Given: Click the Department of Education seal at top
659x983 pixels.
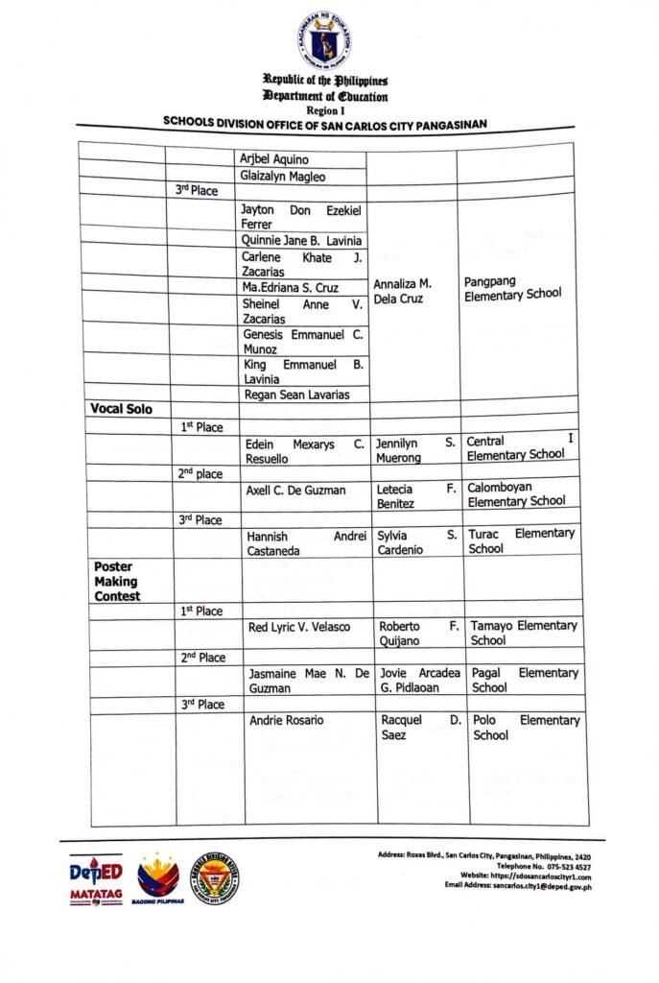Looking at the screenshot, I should coord(323,39).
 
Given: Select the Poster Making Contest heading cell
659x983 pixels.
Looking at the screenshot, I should coord(117,581).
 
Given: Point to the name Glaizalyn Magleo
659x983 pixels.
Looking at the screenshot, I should coord(284,177).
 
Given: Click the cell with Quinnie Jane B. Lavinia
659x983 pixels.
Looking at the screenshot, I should coord(302,241).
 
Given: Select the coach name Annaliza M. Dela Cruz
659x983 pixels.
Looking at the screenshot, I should coord(403,291).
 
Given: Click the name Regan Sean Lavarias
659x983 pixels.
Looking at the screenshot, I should coord(295,395).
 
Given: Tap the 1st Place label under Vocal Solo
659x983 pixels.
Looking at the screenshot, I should coord(201,426).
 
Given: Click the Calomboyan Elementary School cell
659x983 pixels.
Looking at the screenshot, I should coord(516,493).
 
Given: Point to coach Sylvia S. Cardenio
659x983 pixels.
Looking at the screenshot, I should coord(415,541).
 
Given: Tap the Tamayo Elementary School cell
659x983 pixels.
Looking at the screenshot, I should coord(523,633).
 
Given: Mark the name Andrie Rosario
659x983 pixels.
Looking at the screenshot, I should coord(286,720).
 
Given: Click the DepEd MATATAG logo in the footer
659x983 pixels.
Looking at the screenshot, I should coord(96,879).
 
